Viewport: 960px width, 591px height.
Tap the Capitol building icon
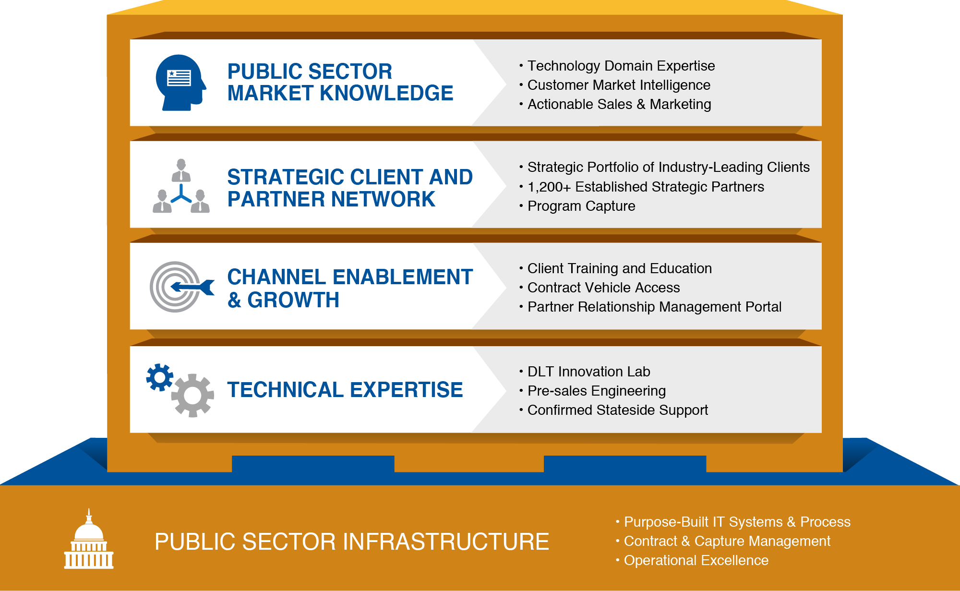click(x=89, y=540)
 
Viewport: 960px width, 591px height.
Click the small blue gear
click(x=160, y=377)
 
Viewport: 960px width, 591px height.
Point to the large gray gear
click(x=192, y=395)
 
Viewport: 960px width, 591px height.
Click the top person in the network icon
click(x=181, y=170)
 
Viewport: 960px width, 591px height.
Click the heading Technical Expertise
click(x=345, y=390)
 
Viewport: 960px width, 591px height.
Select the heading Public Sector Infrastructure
click(x=351, y=542)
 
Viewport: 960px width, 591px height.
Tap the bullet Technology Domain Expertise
click(x=621, y=66)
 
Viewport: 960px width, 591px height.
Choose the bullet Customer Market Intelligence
click(x=618, y=85)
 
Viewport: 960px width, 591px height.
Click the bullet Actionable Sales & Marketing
click(x=619, y=104)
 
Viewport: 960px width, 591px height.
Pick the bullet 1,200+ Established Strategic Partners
click(x=645, y=187)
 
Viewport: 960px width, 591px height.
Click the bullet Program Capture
click(x=581, y=206)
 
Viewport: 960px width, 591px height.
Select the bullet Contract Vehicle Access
click(x=603, y=288)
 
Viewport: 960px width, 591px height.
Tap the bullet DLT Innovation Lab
click(x=588, y=372)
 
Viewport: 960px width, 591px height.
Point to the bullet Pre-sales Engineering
click(x=596, y=391)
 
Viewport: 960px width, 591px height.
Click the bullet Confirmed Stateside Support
click(x=617, y=410)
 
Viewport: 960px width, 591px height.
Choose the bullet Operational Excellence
click(x=696, y=560)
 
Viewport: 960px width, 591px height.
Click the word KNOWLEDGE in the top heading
click(x=386, y=93)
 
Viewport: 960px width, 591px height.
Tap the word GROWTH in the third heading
click(x=293, y=300)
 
